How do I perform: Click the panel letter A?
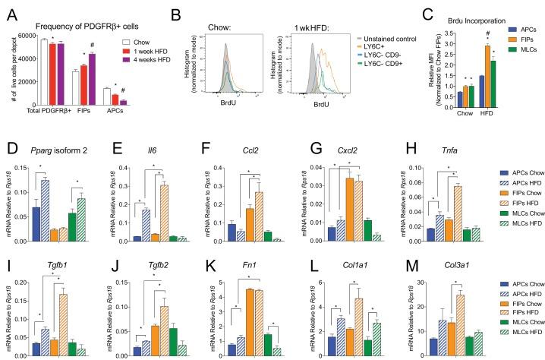[8, 8]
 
